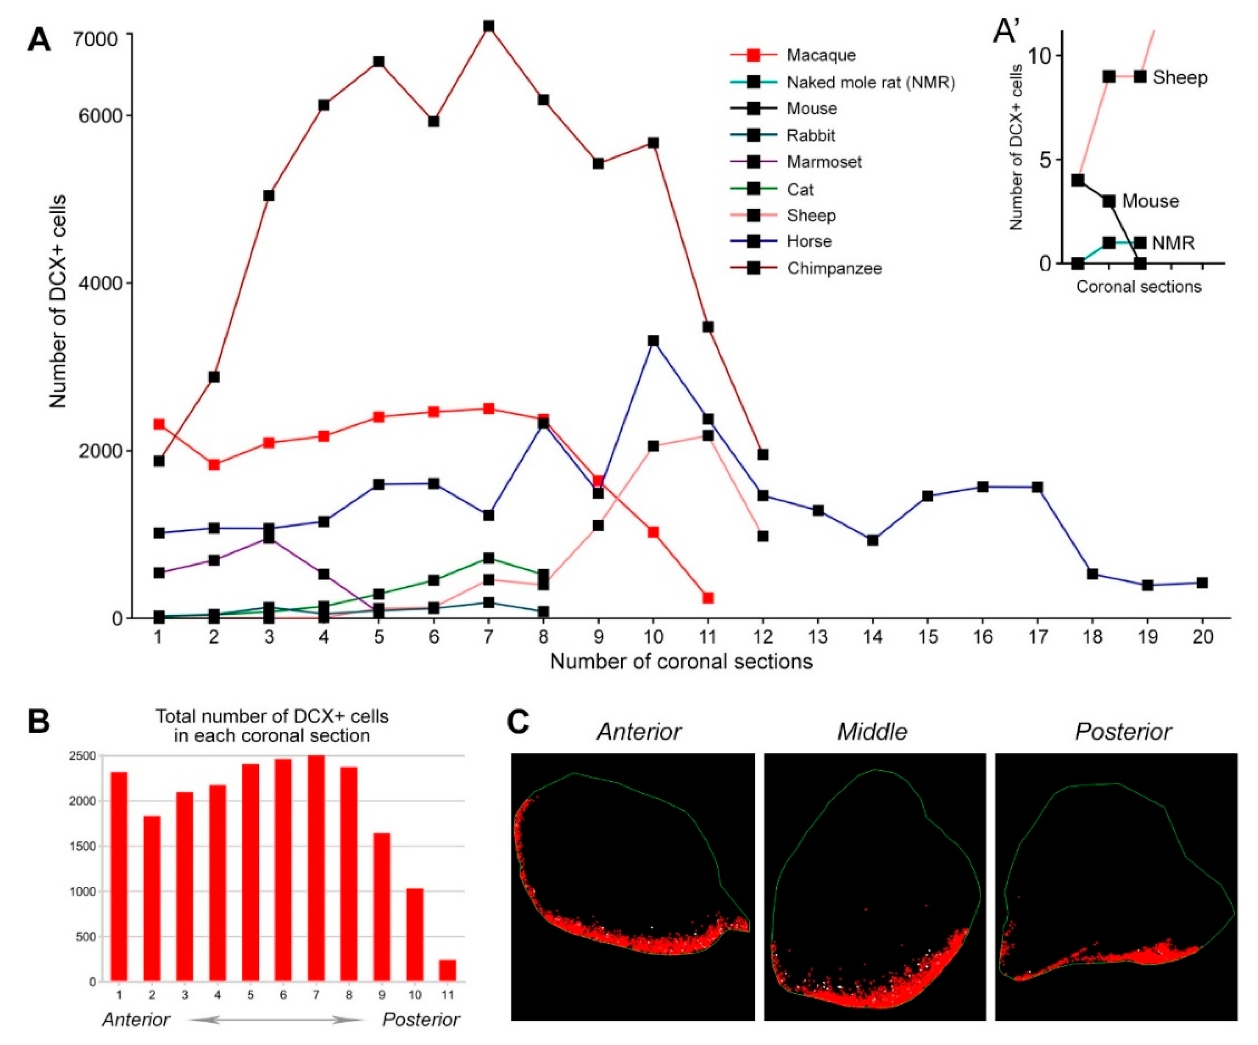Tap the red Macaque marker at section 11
[x=708, y=598]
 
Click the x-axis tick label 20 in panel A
[x=1202, y=637]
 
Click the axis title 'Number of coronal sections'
[x=681, y=662]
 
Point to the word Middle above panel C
[x=872, y=731]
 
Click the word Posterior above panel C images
[x=1123, y=731]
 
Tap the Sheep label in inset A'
[x=1180, y=78]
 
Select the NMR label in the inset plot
[x=1173, y=243]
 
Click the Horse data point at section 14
[x=873, y=540]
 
